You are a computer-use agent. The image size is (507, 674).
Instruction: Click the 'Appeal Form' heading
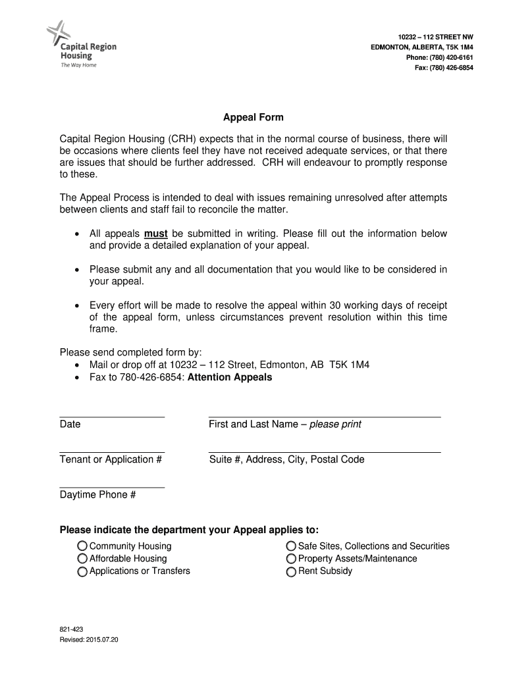pyautogui.click(x=253, y=118)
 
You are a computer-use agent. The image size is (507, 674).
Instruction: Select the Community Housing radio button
pyautogui.click(x=82, y=546)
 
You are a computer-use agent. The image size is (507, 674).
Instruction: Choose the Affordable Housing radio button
pyautogui.click(x=82, y=558)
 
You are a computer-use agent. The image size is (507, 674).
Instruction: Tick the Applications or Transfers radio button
pyautogui.click(x=82, y=571)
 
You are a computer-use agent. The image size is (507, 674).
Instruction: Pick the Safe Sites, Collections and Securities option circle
pyautogui.click(x=291, y=546)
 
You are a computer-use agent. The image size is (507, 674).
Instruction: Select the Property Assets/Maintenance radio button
pyautogui.click(x=291, y=558)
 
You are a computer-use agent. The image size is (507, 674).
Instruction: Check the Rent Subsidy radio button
pyautogui.click(x=291, y=571)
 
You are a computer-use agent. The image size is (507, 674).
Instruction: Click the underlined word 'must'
pyautogui.click(x=155, y=234)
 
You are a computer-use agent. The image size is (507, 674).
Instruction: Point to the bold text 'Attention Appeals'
pyautogui.click(x=230, y=378)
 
